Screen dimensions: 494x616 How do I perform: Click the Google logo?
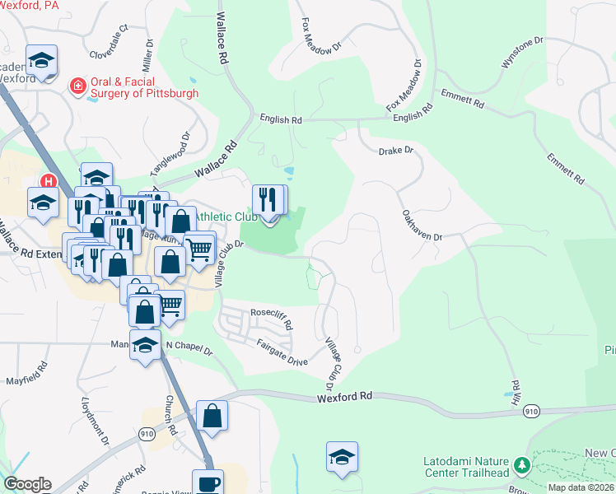pyautogui.click(x=27, y=484)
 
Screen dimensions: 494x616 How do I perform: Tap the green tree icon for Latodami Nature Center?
pyautogui.click(x=520, y=467)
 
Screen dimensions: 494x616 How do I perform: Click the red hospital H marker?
pyautogui.click(x=49, y=181)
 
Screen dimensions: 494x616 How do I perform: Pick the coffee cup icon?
pyautogui.click(x=208, y=482)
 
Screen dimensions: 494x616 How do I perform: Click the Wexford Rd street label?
pyautogui.click(x=345, y=397)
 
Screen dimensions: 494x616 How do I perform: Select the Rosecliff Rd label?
pyautogui.click(x=272, y=319)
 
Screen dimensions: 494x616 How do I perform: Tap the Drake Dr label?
pyautogui.click(x=394, y=151)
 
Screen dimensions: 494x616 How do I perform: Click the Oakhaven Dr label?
pyautogui.click(x=422, y=224)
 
